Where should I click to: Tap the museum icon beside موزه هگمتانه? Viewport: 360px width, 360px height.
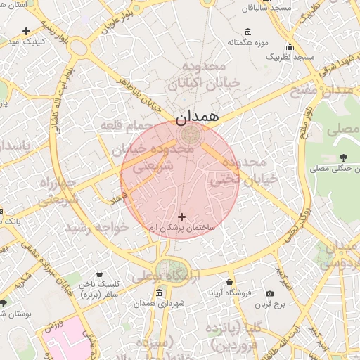point(248,32)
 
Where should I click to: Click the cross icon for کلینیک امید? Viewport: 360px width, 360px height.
point(27,31)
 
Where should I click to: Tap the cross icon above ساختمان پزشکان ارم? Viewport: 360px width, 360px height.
point(182,217)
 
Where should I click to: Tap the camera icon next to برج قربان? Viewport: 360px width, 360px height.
point(269,293)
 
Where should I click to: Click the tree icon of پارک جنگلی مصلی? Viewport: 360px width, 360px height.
point(343,157)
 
